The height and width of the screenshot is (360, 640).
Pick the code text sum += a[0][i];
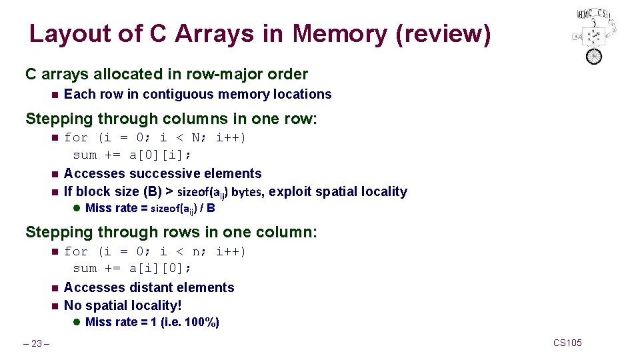132,155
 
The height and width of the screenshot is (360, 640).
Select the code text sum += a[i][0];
132,268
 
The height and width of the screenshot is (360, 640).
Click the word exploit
291,191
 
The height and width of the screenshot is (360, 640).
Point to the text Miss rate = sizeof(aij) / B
150,208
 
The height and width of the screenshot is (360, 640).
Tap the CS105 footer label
567,343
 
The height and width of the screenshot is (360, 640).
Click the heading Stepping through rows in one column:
171,232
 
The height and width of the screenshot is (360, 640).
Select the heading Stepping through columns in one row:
171,119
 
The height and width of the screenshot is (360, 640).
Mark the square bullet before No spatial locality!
54,306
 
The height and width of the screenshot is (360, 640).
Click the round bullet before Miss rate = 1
77,322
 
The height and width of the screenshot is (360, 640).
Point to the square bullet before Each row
54,95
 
